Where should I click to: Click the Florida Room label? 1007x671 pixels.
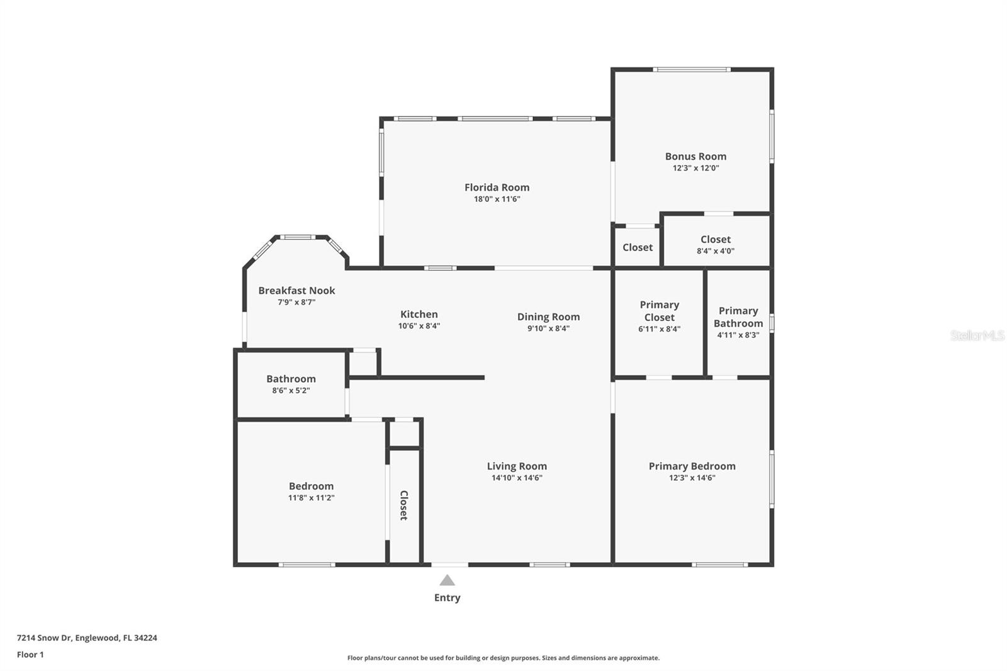tap(497, 187)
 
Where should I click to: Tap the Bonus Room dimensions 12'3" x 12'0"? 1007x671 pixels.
tap(695, 168)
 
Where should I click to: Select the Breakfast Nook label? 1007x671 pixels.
tap(296, 290)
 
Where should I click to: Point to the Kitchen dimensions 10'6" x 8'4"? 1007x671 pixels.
tap(419, 326)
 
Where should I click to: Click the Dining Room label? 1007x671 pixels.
tap(548, 317)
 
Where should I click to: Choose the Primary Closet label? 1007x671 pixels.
tap(659, 311)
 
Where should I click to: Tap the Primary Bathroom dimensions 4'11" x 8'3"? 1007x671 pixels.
tap(738, 335)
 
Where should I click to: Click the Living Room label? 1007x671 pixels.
tap(516, 466)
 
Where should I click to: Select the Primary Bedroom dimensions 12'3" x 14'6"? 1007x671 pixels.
tap(692, 478)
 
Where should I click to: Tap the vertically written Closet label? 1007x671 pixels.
tap(403, 505)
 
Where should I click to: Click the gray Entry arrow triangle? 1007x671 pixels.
tap(447, 580)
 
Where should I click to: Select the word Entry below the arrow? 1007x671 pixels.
tap(447, 598)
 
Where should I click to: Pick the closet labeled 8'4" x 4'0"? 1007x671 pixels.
tap(716, 244)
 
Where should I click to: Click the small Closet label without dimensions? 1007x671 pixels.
tap(637, 247)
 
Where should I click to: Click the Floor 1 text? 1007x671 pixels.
tap(30, 655)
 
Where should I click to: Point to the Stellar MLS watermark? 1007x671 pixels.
tap(977, 335)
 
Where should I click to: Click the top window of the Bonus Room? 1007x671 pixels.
tap(691, 69)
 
